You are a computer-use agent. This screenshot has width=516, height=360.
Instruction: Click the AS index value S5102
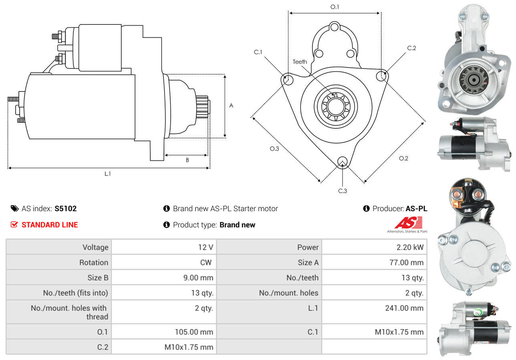click(x=65, y=208)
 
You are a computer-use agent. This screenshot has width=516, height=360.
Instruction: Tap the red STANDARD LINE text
click(x=50, y=225)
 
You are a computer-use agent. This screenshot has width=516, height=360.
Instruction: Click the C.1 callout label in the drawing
click(x=258, y=52)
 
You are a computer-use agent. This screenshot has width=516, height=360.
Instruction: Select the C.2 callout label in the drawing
click(x=411, y=48)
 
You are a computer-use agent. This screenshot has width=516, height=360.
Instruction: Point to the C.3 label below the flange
click(x=342, y=191)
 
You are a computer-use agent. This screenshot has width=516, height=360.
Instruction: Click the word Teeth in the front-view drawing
click(x=300, y=62)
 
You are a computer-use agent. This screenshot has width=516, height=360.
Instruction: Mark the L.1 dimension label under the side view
click(x=107, y=174)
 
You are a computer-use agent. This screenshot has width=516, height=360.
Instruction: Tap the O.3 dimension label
click(x=274, y=149)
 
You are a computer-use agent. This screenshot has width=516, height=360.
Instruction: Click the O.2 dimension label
click(x=403, y=158)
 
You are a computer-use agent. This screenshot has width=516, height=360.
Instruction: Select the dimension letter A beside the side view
click(x=231, y=106)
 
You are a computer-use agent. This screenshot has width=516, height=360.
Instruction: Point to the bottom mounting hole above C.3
click(x=342, y=162)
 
